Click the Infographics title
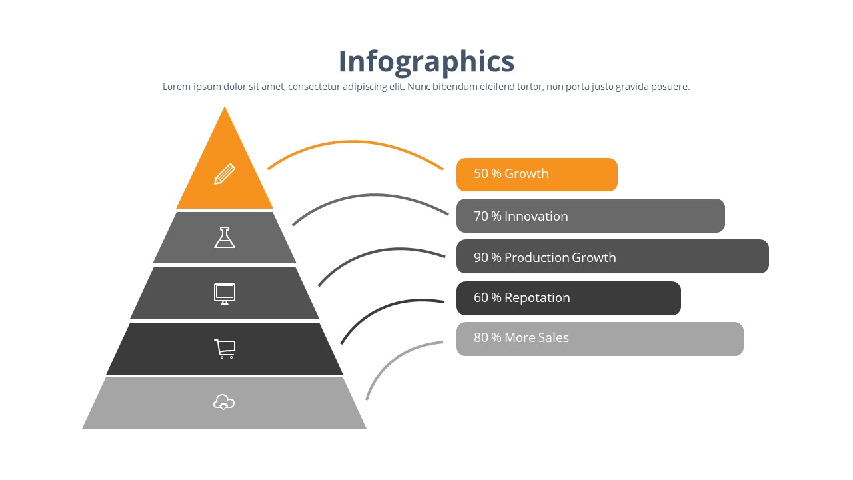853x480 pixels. point(426,61)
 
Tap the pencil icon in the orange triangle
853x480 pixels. point(225,174)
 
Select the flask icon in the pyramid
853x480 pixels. point(225,237)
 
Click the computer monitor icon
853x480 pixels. point(225,293)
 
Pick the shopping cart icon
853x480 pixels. point(225,349)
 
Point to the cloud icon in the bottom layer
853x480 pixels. point(224,402)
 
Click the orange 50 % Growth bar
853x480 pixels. point(536,175)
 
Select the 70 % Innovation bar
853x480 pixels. point(590,216)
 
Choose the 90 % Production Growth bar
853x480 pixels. point(612,257)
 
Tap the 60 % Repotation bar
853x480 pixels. point(568,298)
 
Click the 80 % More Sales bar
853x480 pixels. point(600,339)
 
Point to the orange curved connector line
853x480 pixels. point(353,142)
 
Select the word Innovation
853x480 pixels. point(536,216)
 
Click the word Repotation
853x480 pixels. point(537,298)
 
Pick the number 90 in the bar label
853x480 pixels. point(481,257)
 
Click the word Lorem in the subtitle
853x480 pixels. point(177,87)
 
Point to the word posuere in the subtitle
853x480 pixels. point(670,87)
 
